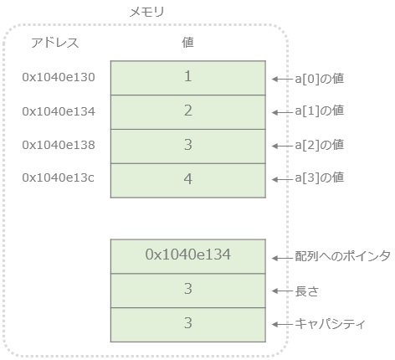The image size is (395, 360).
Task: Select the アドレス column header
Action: pos(55,42)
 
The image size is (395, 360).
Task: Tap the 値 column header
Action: pos(187,42)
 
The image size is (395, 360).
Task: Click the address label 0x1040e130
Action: pos(58,78)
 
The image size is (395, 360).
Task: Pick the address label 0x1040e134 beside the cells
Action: pos(58,111)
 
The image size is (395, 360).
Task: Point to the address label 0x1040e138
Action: pos(58,145)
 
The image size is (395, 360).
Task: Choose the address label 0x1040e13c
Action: pos(58,177)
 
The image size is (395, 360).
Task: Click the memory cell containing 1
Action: pos(187,77)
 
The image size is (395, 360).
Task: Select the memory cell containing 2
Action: pos(187,111)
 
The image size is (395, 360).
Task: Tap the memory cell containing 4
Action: pos(187,179)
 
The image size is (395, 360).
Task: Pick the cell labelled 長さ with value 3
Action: pos(187,290)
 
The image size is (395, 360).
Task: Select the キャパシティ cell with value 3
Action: pos(187,324)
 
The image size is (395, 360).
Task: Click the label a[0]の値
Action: pos(319,79)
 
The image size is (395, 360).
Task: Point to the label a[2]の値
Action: pos(319,145)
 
